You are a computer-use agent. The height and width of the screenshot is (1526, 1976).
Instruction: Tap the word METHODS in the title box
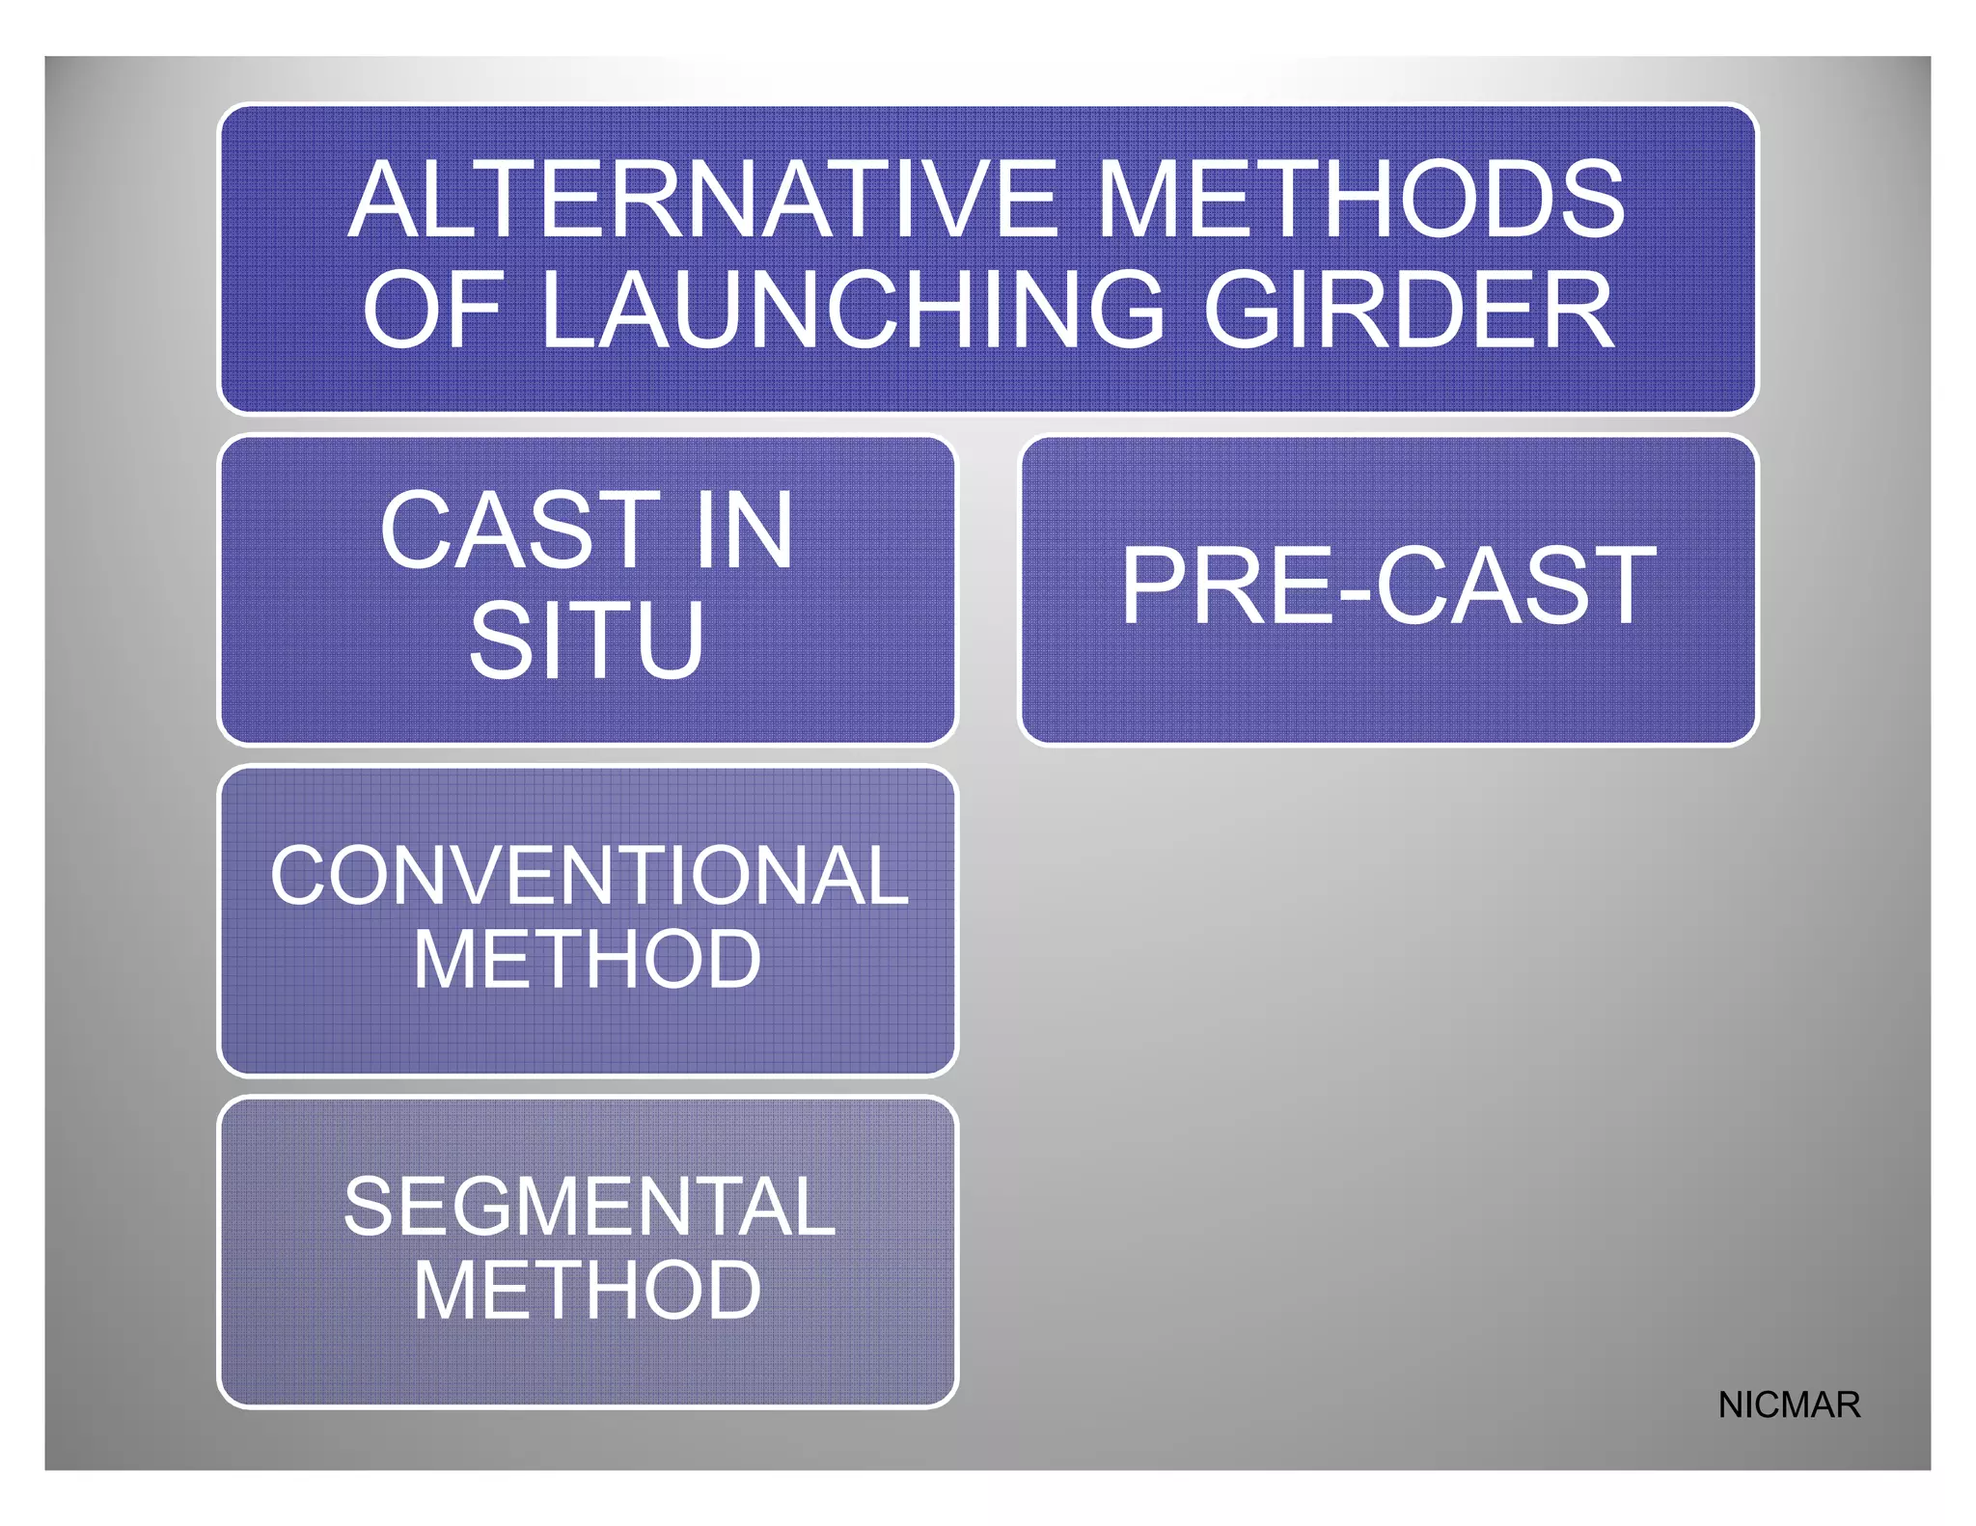[1360, 200]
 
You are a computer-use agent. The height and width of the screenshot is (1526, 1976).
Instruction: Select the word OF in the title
[432, 310]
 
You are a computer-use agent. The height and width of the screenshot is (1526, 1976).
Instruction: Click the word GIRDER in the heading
[1408, 310]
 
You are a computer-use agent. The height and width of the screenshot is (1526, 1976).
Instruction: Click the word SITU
[587, 640]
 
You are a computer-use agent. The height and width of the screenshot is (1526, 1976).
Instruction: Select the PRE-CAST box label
[1387, 586]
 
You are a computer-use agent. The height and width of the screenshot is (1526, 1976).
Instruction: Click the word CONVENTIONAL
[589, 876]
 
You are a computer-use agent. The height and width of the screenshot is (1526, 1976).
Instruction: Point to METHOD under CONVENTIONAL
[587, 960]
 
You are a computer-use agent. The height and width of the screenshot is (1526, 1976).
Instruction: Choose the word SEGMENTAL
[589, 1207]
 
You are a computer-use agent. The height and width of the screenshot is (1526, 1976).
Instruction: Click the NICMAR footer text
[1789, 1404]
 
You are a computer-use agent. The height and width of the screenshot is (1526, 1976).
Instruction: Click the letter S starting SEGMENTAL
[371, 1207]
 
